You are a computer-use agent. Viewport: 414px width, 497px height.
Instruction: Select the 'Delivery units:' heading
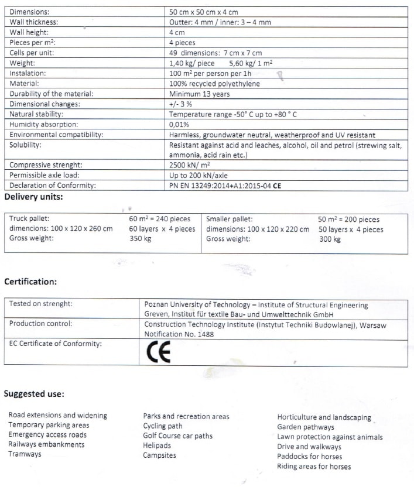(x=33, y=197)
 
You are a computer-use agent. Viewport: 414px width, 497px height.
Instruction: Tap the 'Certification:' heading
(x=30, y=282)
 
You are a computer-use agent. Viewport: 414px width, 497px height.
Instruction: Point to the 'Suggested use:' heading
(x=34, y=393)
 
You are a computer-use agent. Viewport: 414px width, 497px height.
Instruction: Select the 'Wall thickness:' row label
(x=33, y=22)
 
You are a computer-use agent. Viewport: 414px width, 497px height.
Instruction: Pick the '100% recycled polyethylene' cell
(x=214, y=84)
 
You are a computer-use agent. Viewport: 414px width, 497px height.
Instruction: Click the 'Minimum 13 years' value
(x=199, y=94)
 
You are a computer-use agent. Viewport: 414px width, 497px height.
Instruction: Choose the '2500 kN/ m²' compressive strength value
(x=189, y=165)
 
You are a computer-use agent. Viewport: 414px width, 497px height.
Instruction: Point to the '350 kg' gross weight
(x=140, y=239)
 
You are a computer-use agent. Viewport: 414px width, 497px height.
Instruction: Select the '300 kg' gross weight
(x=329, y=239)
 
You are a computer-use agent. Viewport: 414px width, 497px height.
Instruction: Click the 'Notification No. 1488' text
(x=179, y=334)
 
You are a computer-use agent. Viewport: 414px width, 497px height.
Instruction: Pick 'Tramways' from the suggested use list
(x=25, y=454)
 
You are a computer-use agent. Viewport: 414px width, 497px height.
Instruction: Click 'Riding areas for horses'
(x=314, y=467)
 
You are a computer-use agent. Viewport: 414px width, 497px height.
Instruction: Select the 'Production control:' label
(x=40, y=324)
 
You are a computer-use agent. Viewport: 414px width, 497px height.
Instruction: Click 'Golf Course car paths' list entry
(x=177, y=436)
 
